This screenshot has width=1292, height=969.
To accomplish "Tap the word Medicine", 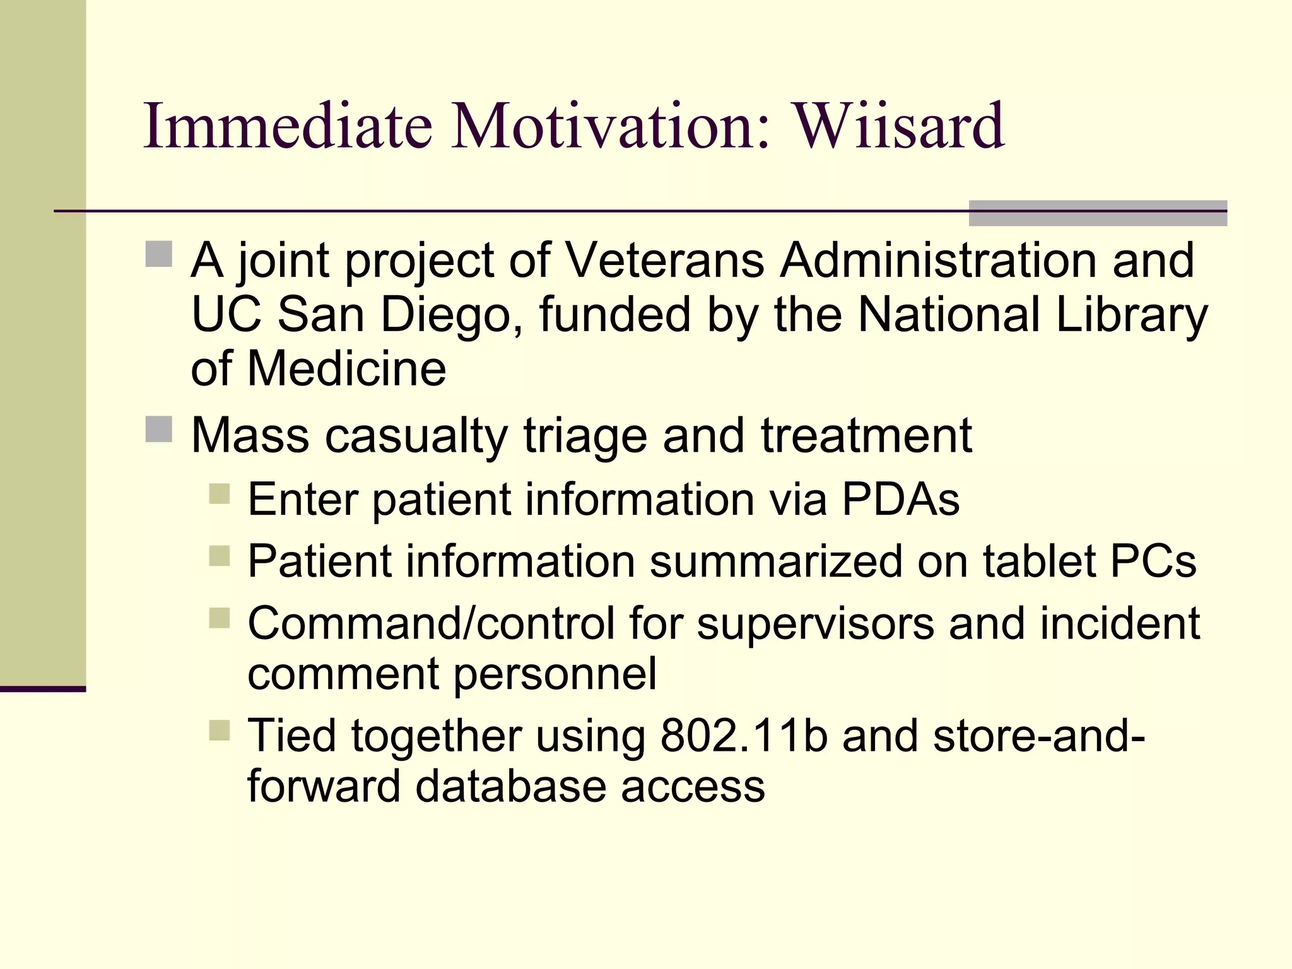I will coord(346,369).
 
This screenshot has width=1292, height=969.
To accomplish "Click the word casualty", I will coord(416,436).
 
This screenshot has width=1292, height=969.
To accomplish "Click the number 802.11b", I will coord(744,736).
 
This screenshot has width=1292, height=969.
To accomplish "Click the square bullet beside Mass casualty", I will coord(159,430).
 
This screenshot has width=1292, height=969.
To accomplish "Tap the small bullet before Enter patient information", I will coord(219,493).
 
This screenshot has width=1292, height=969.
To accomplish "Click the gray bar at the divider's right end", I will coord(1097,213).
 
